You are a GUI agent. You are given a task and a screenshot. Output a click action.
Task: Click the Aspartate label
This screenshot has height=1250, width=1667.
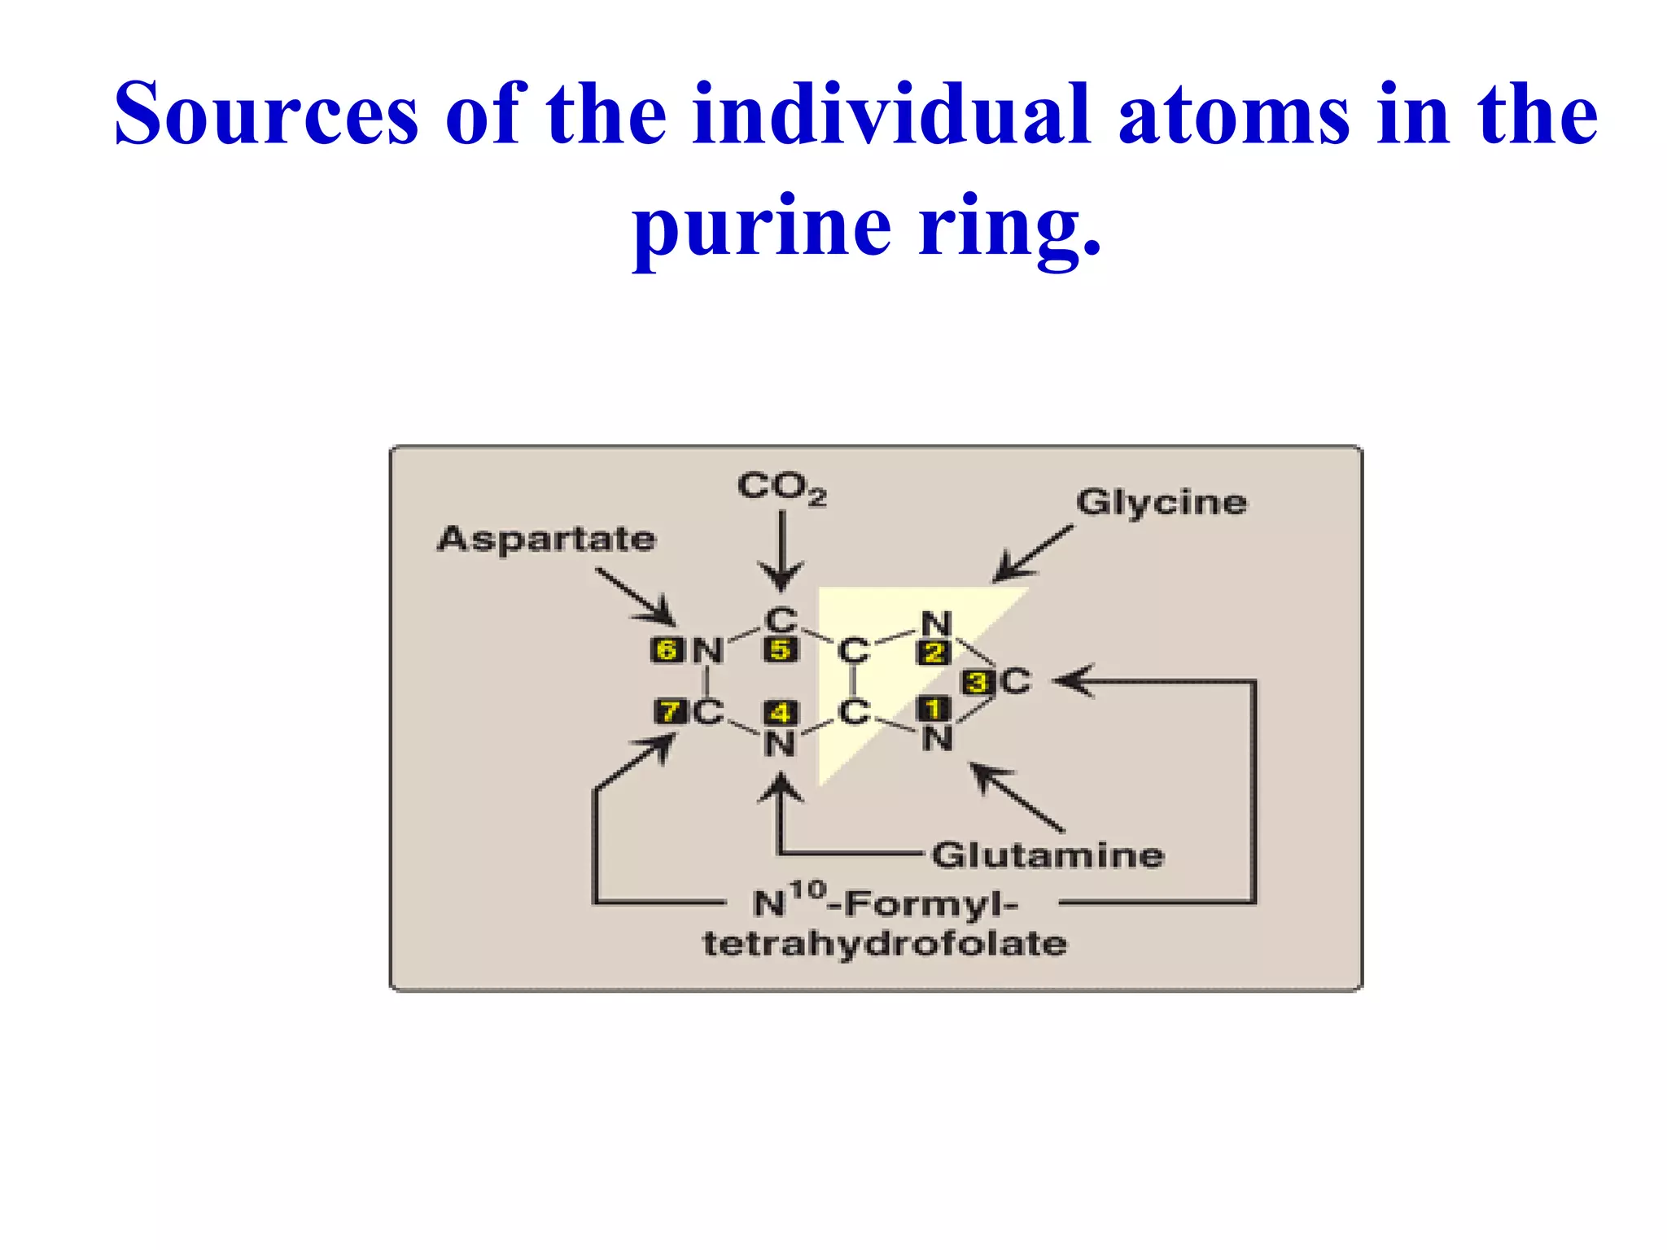(546, 539)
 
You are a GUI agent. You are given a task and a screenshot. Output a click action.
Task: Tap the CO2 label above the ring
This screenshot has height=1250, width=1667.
(781, 487)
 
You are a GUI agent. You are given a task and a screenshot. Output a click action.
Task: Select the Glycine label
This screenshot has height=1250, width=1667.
(1161, 502)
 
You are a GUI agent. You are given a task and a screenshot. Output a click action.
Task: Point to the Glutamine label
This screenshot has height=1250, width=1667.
(1048, 855)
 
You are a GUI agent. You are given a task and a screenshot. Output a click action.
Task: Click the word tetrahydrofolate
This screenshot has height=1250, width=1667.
(885, 944)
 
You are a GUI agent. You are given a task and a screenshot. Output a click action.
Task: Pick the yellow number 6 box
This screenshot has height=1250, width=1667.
(667, 649)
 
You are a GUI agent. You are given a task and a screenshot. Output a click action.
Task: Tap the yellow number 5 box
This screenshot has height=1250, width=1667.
(781, 649)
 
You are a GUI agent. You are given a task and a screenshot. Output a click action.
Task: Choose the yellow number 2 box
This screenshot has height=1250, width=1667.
(934, 652)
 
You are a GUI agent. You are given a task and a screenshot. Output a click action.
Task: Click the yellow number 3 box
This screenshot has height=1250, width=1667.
(978, 682)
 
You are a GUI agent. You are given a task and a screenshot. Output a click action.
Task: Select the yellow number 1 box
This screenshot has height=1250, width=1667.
(934, 709)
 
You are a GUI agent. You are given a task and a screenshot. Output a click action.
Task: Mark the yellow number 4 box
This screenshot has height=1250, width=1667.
(781, 713)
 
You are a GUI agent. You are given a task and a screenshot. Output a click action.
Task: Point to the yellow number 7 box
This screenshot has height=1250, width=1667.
(670, 712)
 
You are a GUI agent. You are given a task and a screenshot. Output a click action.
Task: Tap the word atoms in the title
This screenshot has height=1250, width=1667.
(1234, 114)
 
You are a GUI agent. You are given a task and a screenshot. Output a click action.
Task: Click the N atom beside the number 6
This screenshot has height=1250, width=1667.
(707, 650)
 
